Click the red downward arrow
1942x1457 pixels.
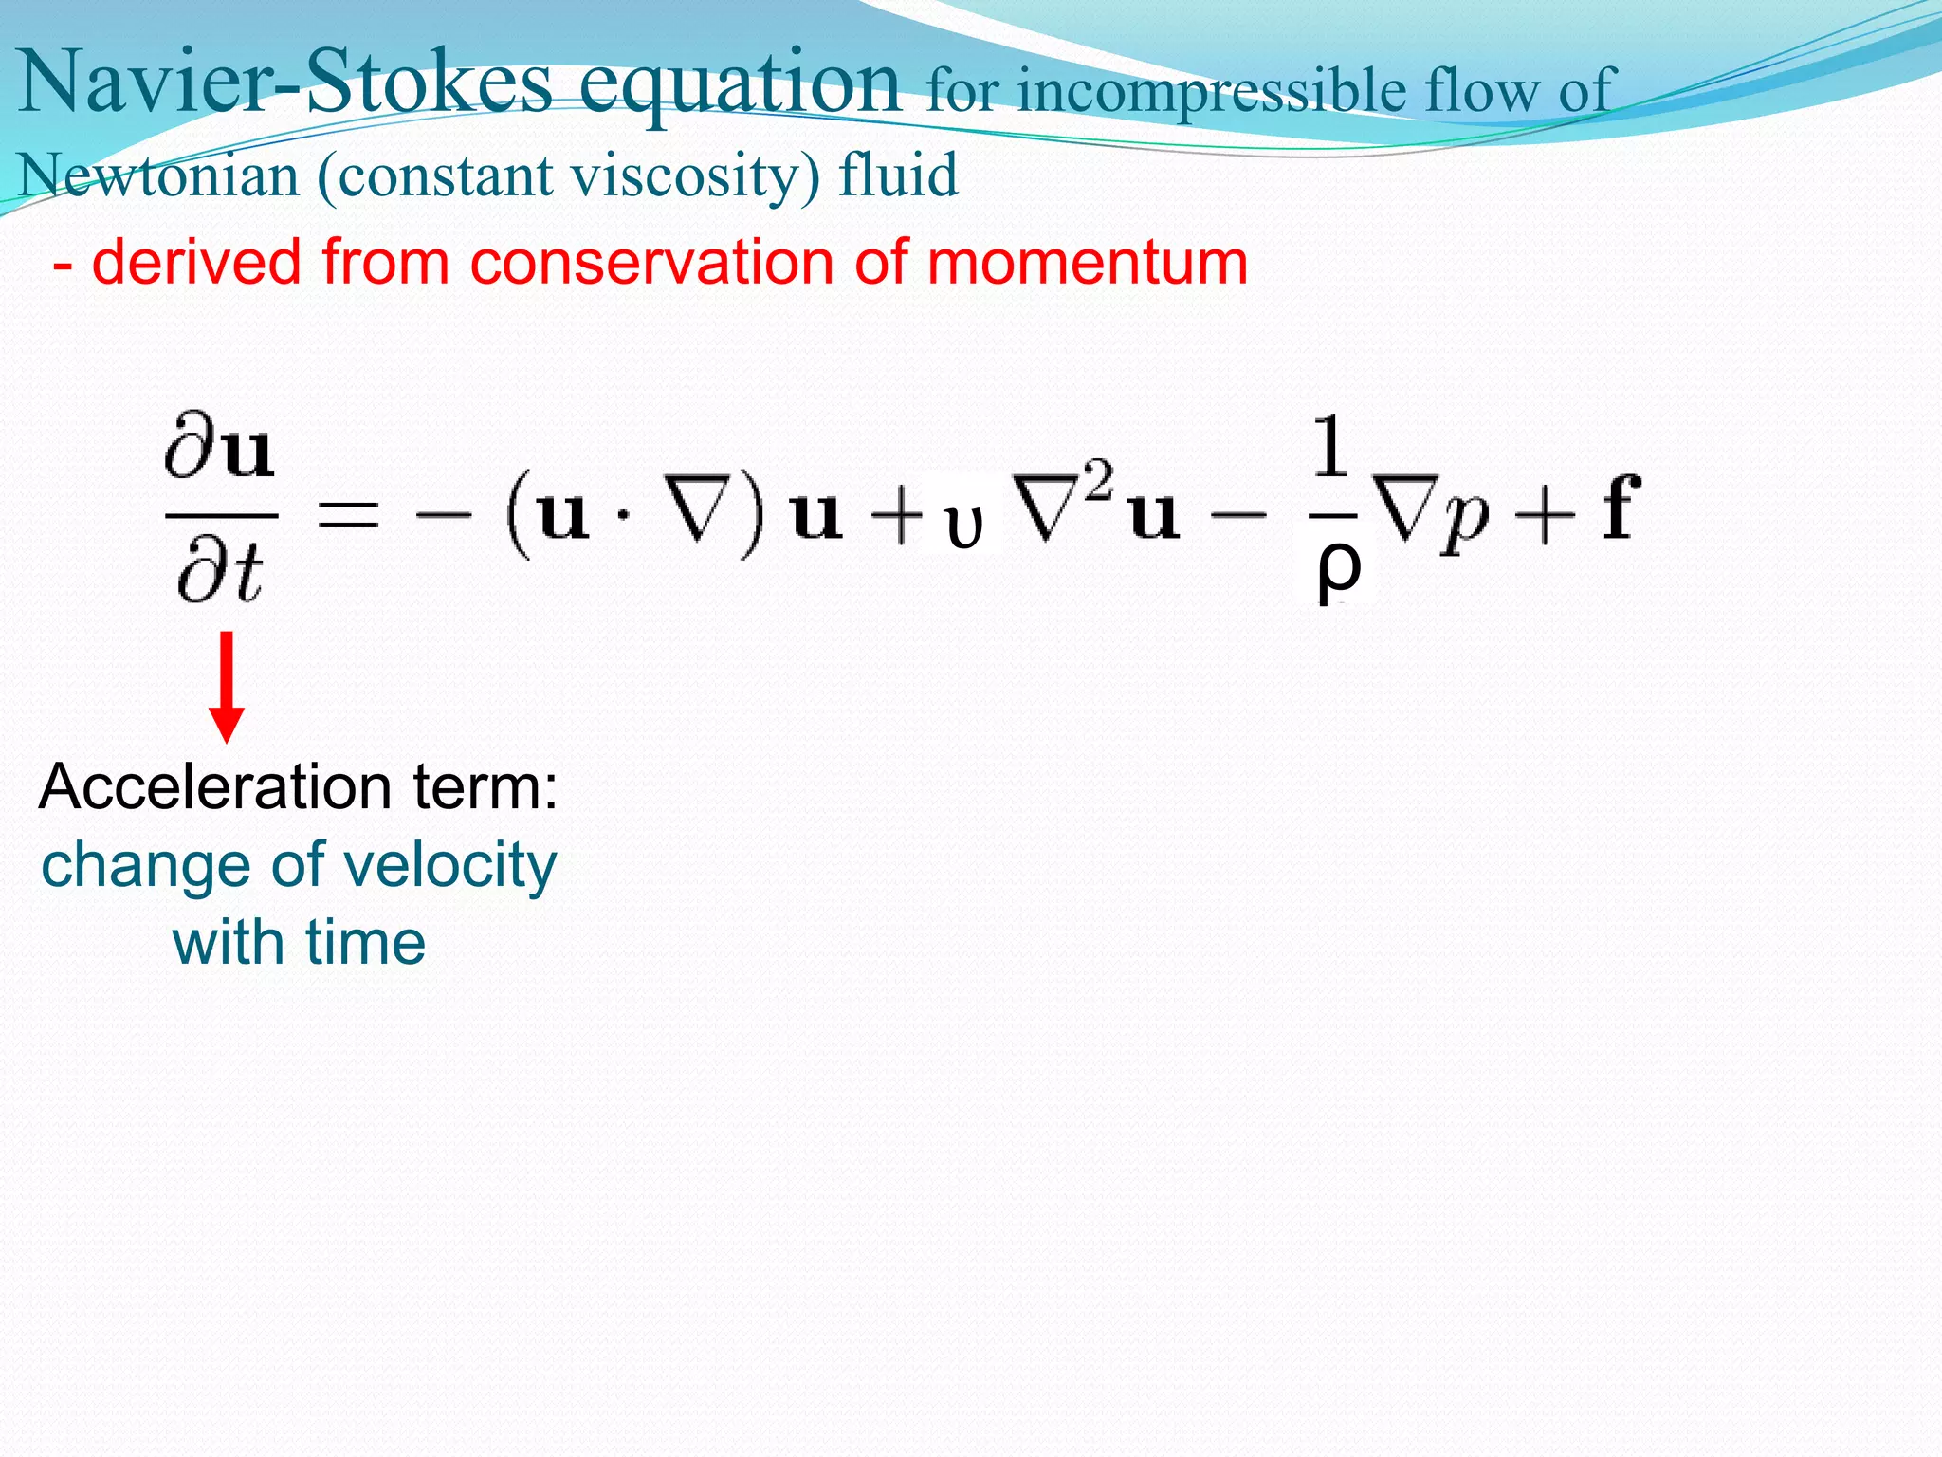227,688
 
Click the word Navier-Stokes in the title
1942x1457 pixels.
284,83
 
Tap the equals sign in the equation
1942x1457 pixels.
348,516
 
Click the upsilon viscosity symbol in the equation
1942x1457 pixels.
963,527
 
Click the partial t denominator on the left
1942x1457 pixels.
221,572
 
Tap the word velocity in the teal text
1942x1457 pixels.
449,866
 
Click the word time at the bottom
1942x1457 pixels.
365,944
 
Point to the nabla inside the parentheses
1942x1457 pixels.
700,517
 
